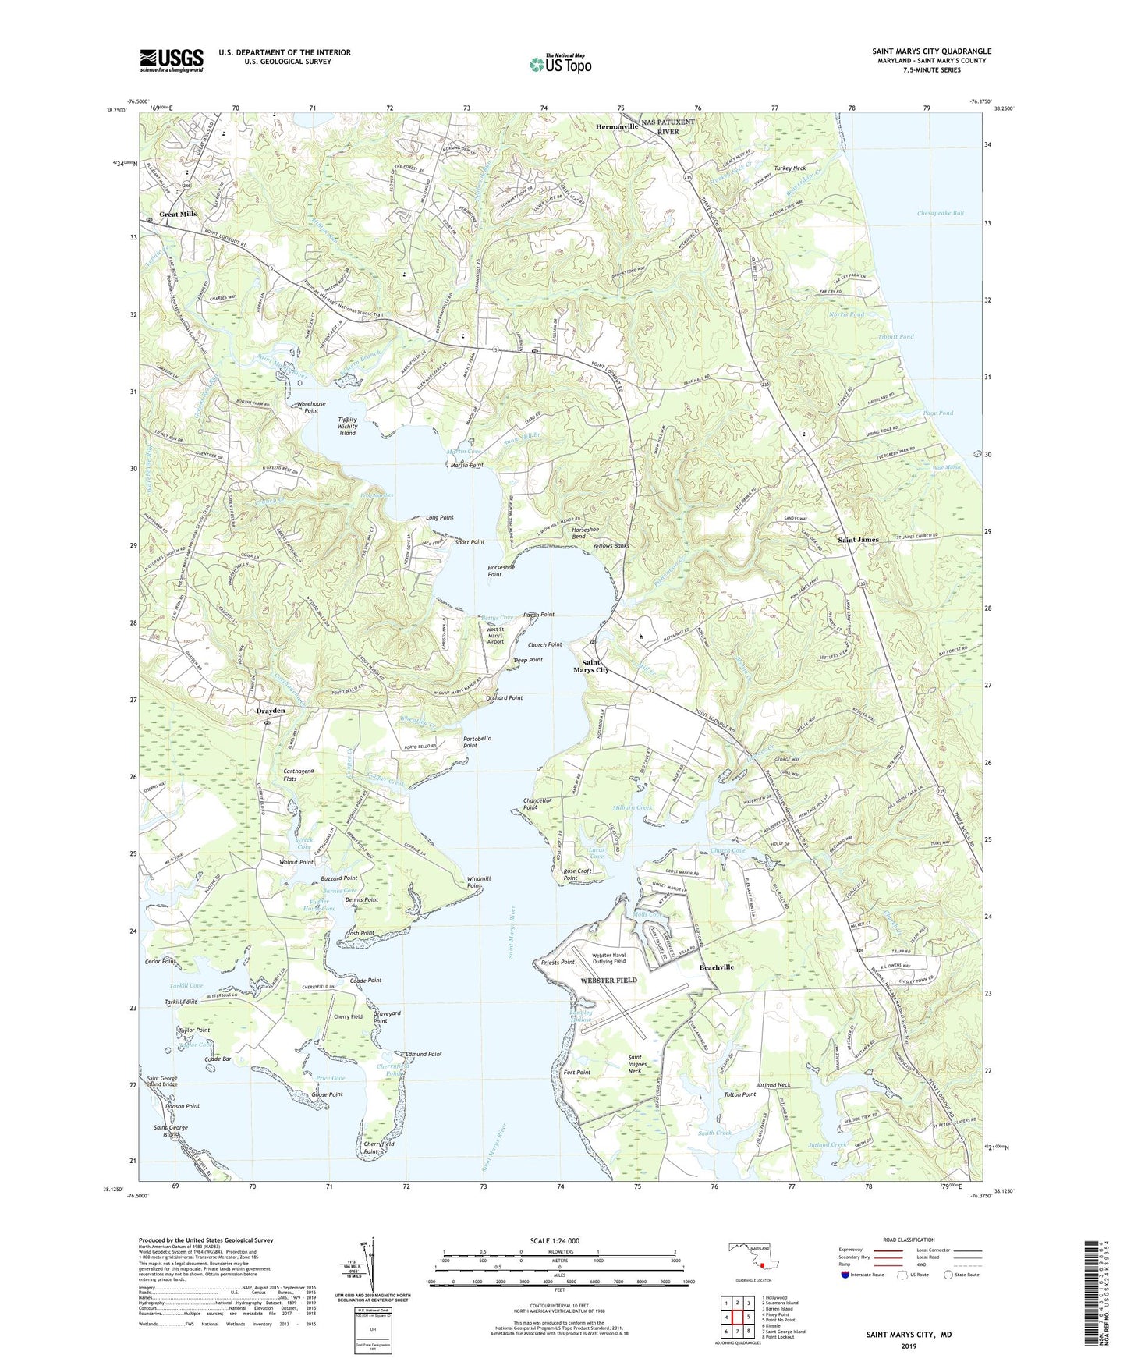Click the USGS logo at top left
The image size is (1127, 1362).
pyautogui.click(x=172, y=59)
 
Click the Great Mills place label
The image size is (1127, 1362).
pyautogui.click(x=178, y=214)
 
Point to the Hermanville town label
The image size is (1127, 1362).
pyautogui.click(x=617, y=126)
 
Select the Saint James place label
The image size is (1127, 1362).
pyautogui.click(x=858, y=540)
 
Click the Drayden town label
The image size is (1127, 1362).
pyautogui.click(x=271, y=711)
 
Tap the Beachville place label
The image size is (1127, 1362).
pyautogui.click(x=717, y=967)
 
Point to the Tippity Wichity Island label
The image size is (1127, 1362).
pyautogui.click(x=348, y=426)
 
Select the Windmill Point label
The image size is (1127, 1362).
pyautogui.click(x=478, y=882)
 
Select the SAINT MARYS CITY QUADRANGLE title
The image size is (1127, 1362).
pyautogui.click(x=932, y=51)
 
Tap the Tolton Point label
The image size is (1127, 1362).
pyautogui.click(x=739, y=1094)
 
